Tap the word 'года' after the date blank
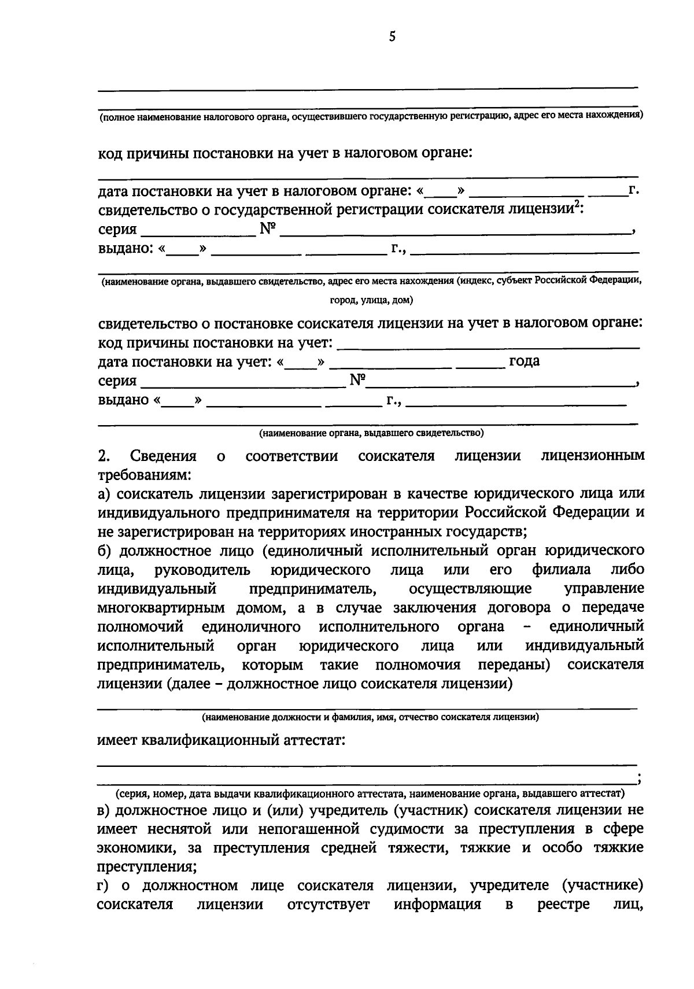(524, 361)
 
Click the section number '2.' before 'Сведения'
(104, 456)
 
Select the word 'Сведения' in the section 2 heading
(164, 456)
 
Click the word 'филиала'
(562, 570)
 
